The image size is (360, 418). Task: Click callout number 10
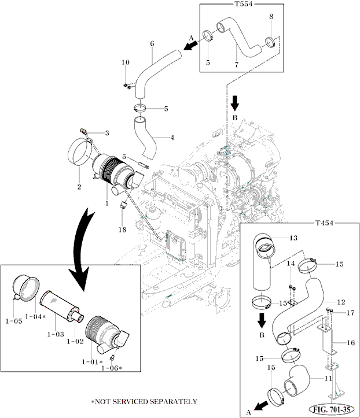click(125, 62)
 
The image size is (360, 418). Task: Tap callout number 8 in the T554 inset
click(271, 17)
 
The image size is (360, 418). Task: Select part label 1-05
click(14, 320)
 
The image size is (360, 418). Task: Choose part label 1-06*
click(111, 368)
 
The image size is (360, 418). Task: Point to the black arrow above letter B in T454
click(262, 320)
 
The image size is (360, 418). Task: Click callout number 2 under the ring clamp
click(79, 187)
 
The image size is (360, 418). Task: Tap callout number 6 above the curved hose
click(152, 43)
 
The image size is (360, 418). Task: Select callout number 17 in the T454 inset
click(350, 313)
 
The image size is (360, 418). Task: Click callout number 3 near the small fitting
click(106, 133)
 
